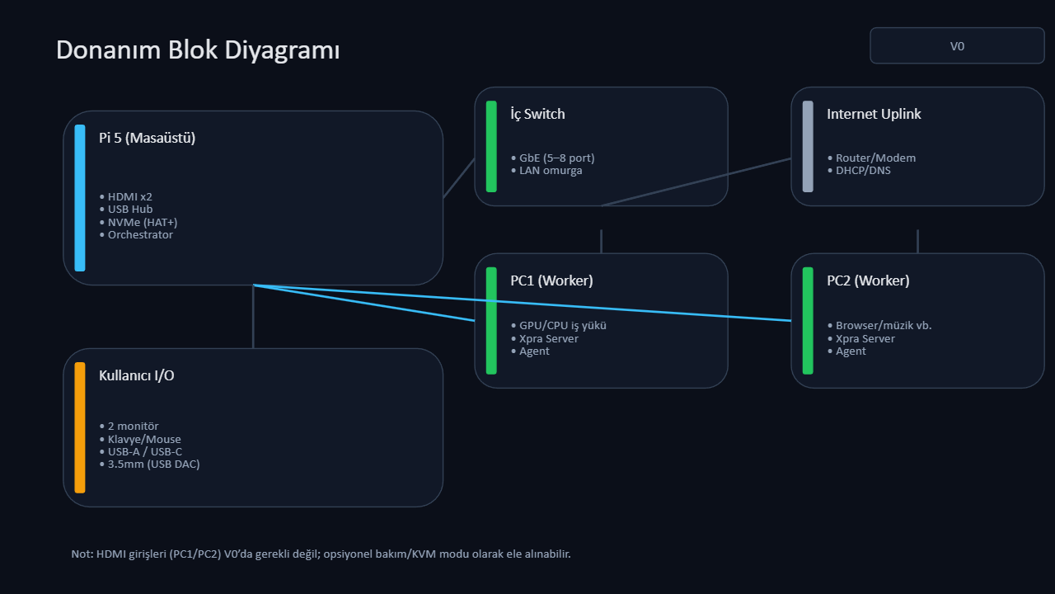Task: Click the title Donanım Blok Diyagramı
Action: click(x=198, y=50)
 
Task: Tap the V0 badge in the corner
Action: click(x=957, y=46)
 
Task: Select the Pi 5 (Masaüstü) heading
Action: click(x=147, y=138)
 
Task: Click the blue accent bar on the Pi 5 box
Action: click(x=80, y=198)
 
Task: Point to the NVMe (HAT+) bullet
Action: click(x=143, y=222)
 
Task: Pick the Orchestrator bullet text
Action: click(x=140, y=235)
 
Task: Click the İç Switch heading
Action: click(x=537, y=114)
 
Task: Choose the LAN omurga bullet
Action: click(x=551, y=171)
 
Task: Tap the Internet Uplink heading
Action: click(x=874, y=114)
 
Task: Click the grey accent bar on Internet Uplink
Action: click(x=808, y=147)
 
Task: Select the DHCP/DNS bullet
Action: click(x=863, y=171)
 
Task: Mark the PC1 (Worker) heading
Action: click(x=551, y=280)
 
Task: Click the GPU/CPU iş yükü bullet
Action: click(x=563, y=325)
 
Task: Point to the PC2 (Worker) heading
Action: click(x=868, y=280)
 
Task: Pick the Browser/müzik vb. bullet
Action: click(x=884, y=325)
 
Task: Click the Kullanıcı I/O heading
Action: click(x=136, y=375)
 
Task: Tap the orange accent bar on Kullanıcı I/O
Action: click(x=80, y=427)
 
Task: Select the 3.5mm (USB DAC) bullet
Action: click(x=153, y=464)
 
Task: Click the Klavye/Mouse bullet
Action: click(x=144, y=440)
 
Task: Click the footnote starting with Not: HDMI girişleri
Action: click(x=321, y=554)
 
